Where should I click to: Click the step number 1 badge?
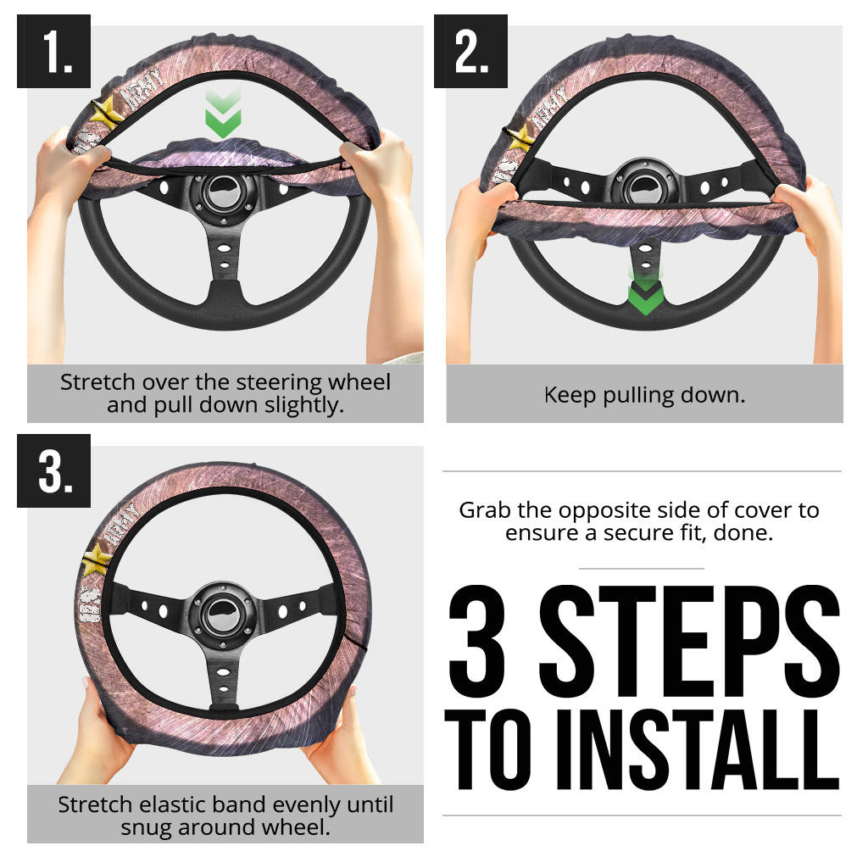(53, 51)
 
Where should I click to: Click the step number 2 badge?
(470, 51)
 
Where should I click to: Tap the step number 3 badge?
(53, 470)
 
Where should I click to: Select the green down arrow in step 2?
(645, 293)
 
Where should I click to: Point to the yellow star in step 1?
(106, 113)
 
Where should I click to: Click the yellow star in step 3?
(97, 559)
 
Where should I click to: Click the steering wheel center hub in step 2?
(645, 186)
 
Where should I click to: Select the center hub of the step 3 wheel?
(223, 615)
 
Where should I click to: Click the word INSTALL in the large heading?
(698, 749)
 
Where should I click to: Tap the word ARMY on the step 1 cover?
(142, 87)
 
